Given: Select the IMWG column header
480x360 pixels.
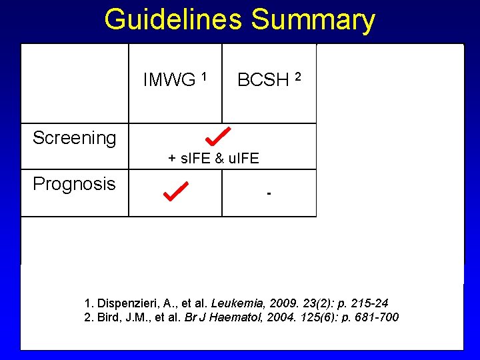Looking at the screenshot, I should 169,80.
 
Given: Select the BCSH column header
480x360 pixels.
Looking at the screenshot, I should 263,80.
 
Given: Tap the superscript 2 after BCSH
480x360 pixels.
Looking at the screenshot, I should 299,75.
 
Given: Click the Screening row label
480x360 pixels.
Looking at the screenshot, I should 74,138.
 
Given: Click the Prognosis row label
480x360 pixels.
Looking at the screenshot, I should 74,184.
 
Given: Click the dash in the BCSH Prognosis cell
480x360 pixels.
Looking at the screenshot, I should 269,194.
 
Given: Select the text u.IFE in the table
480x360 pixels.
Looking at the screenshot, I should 243,159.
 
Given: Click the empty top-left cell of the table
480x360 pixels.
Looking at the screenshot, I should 75,83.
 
